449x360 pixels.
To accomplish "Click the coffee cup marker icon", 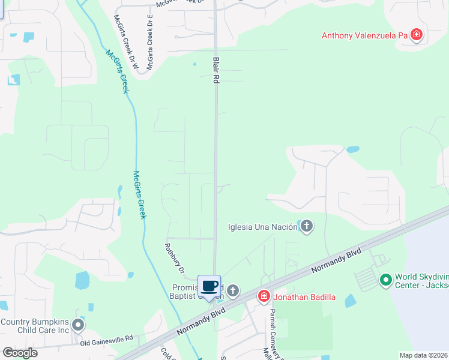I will tap(209, 286).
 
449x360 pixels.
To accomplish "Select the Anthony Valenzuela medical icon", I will tap(416, 35).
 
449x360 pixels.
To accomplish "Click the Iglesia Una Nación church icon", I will tap(307, 226).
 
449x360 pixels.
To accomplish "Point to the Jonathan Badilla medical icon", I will tap(264, 296).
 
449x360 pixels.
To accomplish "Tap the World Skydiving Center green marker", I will tap(385, 280).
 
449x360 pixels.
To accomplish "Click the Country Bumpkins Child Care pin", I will tap(78, 326).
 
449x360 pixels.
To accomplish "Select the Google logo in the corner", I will tap(20, 353).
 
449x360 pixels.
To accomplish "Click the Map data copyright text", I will tap(423, 355).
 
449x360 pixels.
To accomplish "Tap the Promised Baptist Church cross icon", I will tap(233, 291).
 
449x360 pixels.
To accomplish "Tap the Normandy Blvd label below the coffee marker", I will tap(201, 322).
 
